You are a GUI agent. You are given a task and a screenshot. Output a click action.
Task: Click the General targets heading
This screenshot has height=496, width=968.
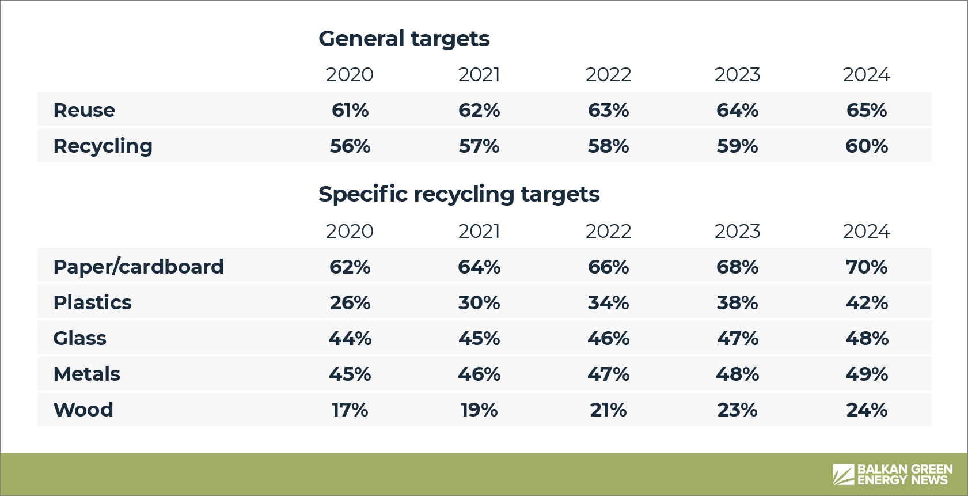click(404, 39)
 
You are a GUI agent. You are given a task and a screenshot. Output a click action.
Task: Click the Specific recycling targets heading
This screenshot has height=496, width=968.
click(459, 195)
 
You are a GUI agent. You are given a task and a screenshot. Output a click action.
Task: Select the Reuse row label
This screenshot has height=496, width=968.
click(84, 110)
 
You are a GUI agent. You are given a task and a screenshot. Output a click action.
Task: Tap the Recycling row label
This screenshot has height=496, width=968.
click(103, 146)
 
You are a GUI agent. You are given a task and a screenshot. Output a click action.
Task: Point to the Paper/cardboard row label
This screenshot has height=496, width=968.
click(138, 267)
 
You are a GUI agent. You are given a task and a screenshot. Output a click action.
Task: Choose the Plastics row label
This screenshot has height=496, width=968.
click(93, 302)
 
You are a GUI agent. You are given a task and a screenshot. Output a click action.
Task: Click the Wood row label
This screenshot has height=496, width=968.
click(83, 410)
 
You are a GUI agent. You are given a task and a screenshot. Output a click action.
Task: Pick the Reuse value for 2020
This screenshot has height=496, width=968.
click(350, 110)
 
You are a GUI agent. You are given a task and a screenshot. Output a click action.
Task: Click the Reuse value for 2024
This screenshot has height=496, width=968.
click(867, 110)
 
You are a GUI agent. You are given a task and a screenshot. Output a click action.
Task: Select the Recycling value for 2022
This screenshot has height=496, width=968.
click(608, 146)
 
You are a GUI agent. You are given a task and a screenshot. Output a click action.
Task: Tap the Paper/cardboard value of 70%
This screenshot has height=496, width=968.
click(867, 267)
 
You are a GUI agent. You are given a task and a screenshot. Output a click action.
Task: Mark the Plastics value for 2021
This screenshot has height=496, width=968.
click(479, 302)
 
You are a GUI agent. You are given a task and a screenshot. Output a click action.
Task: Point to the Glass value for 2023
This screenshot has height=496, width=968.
click(737, 338)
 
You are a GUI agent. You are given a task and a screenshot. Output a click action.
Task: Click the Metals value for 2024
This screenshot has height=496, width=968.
click(867, 374)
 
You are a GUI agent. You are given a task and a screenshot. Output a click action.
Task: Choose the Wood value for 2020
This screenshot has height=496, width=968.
click(350, 410)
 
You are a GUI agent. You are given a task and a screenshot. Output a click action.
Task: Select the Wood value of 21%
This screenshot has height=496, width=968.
click(608, 410)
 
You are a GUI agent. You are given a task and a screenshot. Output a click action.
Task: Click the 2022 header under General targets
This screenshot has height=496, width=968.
click(608, 75)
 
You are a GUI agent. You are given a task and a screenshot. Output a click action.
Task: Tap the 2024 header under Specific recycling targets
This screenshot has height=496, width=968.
click(867, 232)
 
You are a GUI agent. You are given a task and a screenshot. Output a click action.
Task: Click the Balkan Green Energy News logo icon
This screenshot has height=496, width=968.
click(844, 474)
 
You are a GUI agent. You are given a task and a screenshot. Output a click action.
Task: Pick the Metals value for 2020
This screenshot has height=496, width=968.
click(350, 374)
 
